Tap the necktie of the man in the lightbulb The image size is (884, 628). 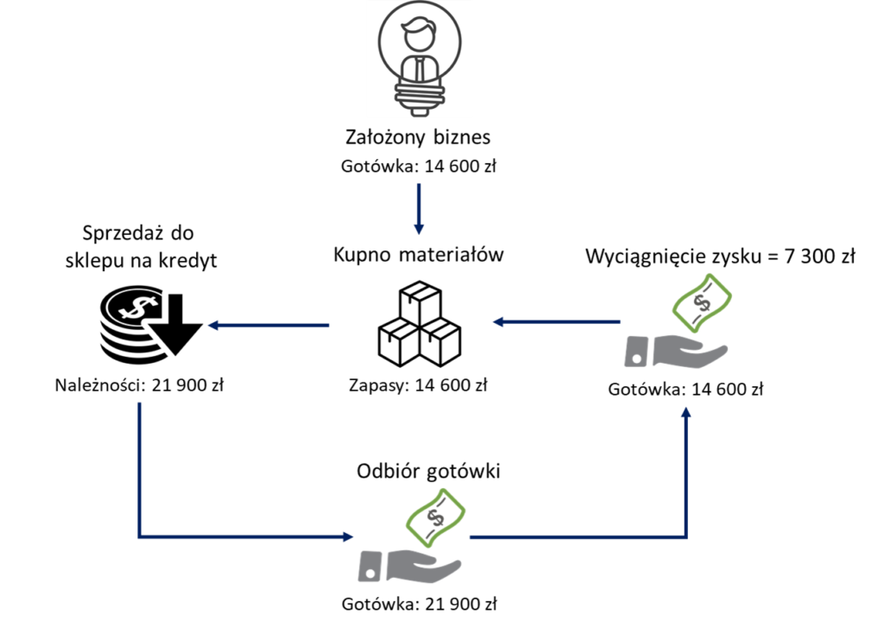coord(420,69)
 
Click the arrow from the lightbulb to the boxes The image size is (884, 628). coord(419,208)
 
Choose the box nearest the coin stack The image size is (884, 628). coord(398,341)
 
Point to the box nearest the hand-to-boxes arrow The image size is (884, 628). coord(441,342)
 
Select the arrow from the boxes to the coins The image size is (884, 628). coord(268,326)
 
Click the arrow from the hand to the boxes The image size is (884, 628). coord(556,322)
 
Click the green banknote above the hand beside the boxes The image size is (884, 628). coord(703,301)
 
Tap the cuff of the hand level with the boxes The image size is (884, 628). coord(634,352)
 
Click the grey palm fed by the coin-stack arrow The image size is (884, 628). coord(423,567)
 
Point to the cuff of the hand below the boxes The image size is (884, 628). coord(369,565)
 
